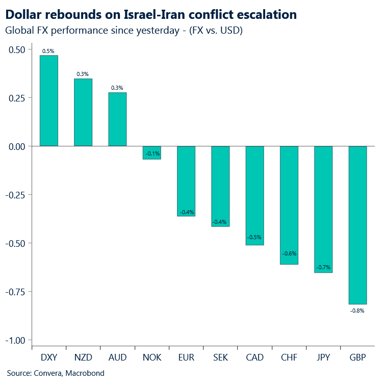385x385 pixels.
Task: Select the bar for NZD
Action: pos(83,112)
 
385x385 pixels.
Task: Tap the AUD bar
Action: pos(117,119)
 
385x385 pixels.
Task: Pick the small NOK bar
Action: pos(151,152)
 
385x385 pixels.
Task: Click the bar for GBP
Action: pos(357,225)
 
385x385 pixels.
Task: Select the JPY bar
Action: pos(323,209)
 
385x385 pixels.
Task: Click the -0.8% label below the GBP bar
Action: pos(357,310)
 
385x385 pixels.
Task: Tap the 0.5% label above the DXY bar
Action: pos(49,50)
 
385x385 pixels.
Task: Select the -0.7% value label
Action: pos(323,267)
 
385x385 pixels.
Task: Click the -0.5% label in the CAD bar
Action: pos(254,238)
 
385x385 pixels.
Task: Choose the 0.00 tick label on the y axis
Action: pos(16,146)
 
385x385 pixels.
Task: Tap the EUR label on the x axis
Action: pos(186,357)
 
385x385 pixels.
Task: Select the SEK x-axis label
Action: pos(220,357)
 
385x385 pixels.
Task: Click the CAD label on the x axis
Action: pos(254,357)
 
